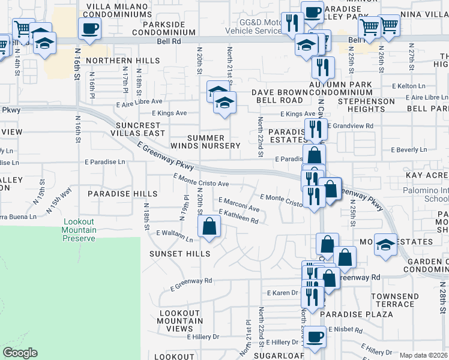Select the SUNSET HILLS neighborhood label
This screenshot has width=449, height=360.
point(179,254)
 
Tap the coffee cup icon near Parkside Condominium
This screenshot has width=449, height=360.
point(89,28)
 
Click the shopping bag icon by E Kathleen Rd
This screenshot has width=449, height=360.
point(209,227)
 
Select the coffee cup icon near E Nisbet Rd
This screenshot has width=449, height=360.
point(315,337)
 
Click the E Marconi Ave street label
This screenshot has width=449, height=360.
point(239,205)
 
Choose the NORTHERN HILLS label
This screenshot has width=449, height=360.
point(122,61)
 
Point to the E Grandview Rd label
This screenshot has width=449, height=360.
point(352,126)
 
